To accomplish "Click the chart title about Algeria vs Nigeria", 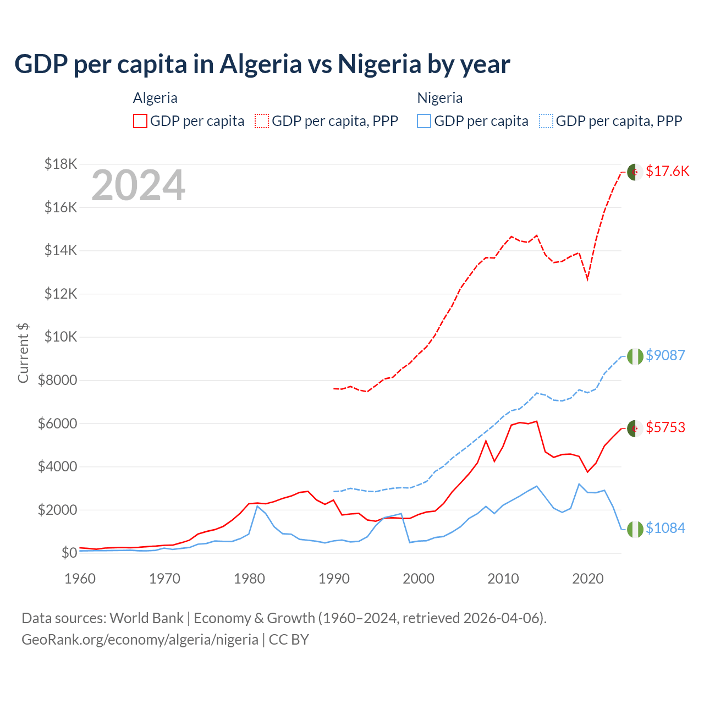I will [262, 64].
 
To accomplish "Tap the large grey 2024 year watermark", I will [138, 186].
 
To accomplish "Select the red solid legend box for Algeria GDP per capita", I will [140, 121].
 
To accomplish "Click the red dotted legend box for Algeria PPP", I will [262, 121].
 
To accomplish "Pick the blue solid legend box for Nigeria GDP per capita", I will [424, 121].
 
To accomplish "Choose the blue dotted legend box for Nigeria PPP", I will [546, 121].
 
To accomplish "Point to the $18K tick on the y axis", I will [61, 164].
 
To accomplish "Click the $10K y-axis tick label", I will [61, 337].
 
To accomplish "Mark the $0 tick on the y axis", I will [69, 553].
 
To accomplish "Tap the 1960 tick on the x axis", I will [80, 579].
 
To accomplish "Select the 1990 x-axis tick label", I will [334, 579].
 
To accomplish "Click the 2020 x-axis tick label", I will [588, 579].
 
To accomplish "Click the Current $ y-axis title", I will [23, 353].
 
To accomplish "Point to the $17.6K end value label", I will [667, 172].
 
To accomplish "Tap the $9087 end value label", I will [665, 355].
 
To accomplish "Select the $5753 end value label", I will [665, 427].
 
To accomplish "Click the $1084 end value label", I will [665, 529].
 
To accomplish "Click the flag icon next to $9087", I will [635, 356].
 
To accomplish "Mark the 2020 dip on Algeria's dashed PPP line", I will [587, 279].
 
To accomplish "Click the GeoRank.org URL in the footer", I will [140, 640].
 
